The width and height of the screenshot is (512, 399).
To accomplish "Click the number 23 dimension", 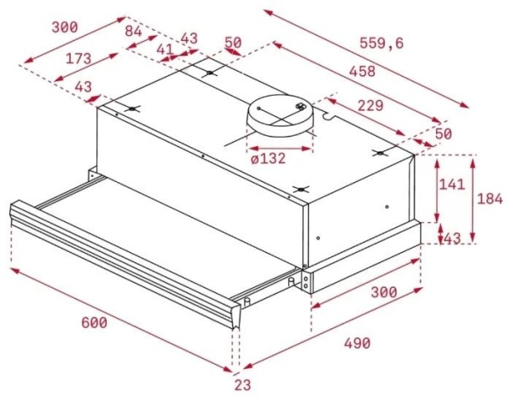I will coord(245,384).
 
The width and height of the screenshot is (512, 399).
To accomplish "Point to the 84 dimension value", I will coord(133,31).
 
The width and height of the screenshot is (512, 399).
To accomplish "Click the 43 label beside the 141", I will coord(451,238).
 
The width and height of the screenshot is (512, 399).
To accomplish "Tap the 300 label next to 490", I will coord(384,291).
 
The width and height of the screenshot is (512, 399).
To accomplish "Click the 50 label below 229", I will coord(443,135).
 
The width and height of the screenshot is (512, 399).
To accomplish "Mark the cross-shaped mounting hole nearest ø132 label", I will coord(299,189).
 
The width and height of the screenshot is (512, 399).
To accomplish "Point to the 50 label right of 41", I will coord(232,43).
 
